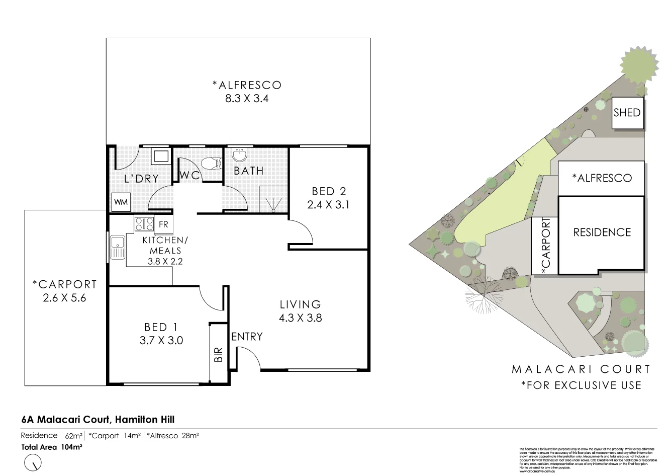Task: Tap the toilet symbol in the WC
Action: (211, 162)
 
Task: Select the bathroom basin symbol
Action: (239, 154)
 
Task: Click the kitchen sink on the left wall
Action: (117, 247)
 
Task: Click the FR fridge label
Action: (163, 224)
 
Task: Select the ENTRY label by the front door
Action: (247, 336)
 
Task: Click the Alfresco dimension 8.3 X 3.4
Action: (247, 99)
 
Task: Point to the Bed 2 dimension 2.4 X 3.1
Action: (329, 204)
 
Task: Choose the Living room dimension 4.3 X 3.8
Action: (301, 318)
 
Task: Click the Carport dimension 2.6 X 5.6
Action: (65, 297)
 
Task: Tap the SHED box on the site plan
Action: (627, 112)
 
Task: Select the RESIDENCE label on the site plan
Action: (602, 232)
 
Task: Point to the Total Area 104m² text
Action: (52, 446)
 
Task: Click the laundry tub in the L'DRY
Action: (161, 155)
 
